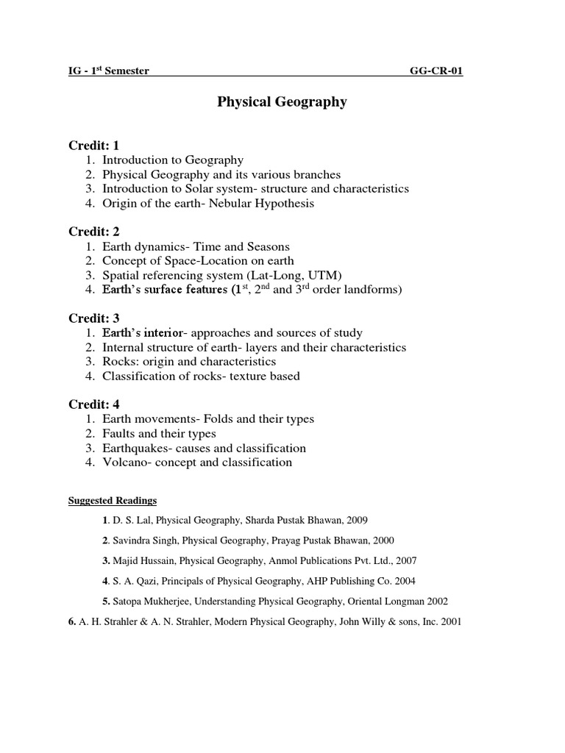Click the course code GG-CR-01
[436, 71]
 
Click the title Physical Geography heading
[282, 102]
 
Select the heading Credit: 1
[93, 146]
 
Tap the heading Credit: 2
[93, 232]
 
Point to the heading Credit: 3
[93, 318]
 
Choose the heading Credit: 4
[93, 404]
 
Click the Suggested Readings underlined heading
[113, 501]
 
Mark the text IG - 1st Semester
[109, 71]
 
